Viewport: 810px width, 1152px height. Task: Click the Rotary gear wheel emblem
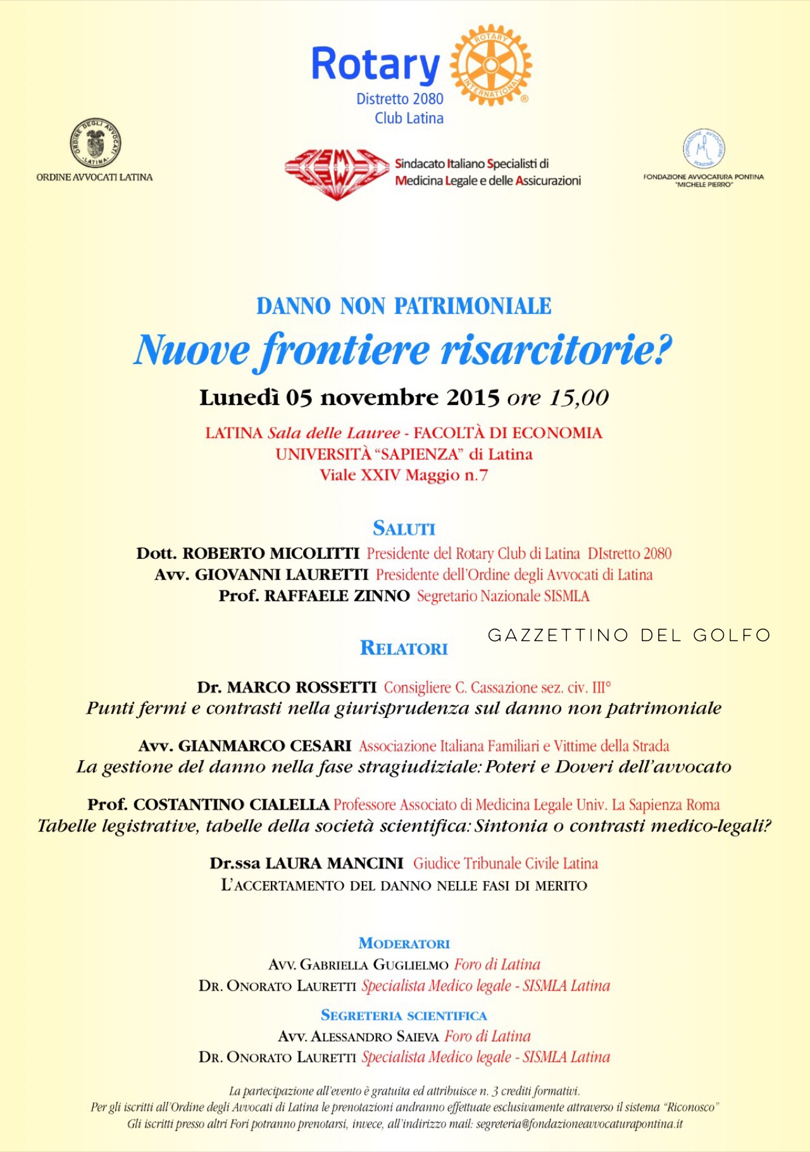pos(491,65)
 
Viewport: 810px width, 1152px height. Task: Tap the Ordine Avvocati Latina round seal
pos(95,143)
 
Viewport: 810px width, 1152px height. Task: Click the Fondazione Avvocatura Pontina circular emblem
pos(704,148)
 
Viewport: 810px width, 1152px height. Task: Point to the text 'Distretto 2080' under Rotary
pos(400,99)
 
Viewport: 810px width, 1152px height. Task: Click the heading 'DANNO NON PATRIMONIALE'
pos(404,306)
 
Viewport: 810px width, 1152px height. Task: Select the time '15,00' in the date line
pos(579,398)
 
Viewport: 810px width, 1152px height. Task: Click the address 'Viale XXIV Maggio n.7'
pos(404,475)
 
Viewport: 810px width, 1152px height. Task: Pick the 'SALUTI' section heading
pos(404,529)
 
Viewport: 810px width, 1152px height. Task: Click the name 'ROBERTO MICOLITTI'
pos(271,554)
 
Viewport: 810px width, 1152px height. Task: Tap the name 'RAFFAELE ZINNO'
pos(337,596)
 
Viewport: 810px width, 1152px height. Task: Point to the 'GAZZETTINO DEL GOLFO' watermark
pos(629,635)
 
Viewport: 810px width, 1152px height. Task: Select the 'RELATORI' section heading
pos(404,648)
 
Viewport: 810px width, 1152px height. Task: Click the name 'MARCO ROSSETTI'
pos(301,687)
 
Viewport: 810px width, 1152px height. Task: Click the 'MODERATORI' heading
pos(404,944)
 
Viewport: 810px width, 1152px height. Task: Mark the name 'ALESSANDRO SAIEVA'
pos(375,1037)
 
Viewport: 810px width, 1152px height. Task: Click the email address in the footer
pos(579,1124)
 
